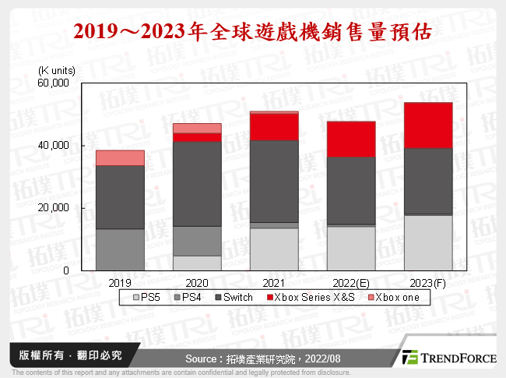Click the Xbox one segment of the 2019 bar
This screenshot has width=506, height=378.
click(120, 157)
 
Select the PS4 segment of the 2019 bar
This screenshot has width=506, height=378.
click(120, 249)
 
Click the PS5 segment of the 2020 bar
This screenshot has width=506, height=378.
click(197, 263)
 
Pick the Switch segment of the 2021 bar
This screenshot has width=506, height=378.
click(273, 181)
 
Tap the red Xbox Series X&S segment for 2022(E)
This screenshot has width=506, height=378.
click(350, 139)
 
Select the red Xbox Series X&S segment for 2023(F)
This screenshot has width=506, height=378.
click(427, 125)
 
